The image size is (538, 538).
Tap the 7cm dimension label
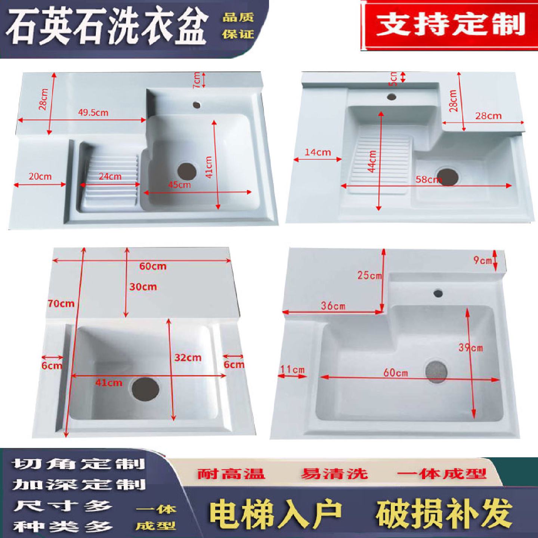coord(197,80)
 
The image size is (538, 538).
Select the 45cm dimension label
coord(180,185)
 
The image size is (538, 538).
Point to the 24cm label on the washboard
coord(111,176)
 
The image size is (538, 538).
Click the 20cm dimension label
coord(40,176)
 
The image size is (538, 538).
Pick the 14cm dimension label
coord(318,152)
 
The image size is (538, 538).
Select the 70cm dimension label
coord(61,303)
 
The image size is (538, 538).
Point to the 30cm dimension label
coord(143,287)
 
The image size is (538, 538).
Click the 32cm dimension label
coord(188,358)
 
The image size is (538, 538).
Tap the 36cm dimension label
coord(333,306)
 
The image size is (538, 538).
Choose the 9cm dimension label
coord(483,260)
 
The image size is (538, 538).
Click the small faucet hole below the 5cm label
coord(392,97)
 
